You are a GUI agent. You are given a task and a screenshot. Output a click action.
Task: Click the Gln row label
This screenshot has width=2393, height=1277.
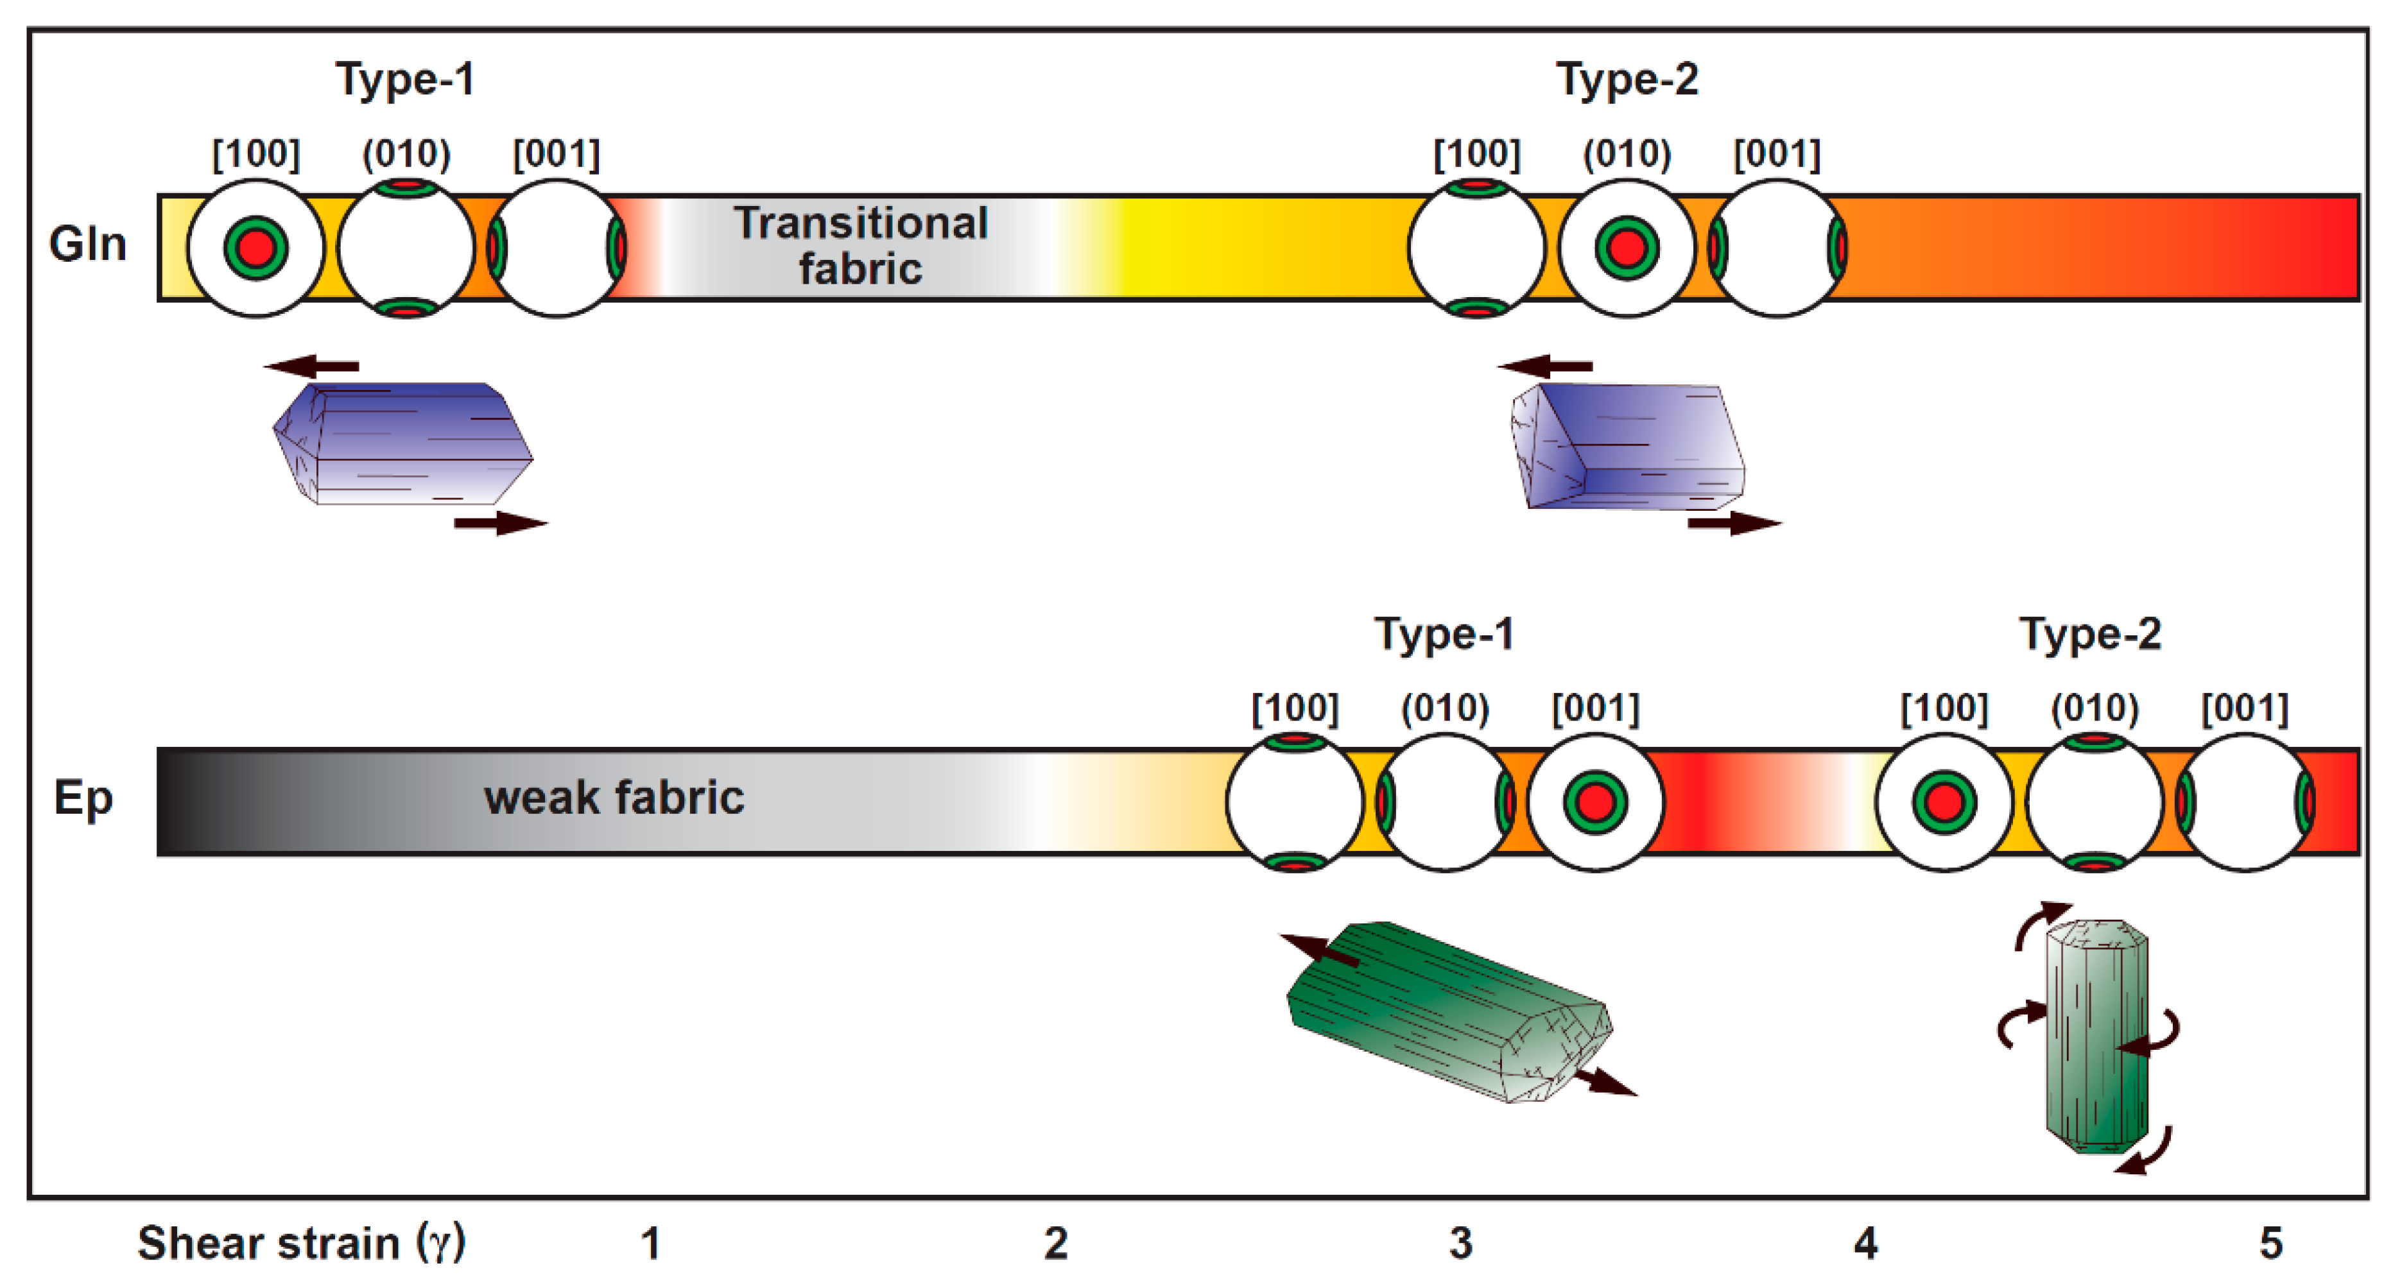click(87, 244)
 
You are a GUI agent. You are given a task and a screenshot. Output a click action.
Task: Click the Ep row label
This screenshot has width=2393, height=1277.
click(83, 798)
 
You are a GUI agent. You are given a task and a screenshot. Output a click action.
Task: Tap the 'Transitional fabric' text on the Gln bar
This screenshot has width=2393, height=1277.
click(860, 245)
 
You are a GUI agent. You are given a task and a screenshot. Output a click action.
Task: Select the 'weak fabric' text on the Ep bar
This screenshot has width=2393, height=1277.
click(614, 798)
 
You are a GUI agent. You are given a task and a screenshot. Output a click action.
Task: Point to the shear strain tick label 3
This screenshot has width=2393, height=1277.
click(1460, 1242)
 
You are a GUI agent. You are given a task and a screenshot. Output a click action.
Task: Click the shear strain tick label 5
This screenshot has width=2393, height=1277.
click(2271, 1242)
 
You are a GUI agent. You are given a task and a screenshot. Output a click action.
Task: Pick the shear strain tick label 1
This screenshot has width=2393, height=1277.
click(650, 1242)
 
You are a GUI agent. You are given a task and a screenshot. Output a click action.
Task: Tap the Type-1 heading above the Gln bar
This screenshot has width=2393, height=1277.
click(405, 79)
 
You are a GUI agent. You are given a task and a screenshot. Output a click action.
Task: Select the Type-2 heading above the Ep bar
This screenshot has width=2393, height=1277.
click(2090, 634)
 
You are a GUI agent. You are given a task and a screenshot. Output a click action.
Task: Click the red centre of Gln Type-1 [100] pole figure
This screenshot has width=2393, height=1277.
click(255, 248)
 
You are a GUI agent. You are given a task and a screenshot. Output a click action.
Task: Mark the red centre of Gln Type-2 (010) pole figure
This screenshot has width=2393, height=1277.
click(1627, 248)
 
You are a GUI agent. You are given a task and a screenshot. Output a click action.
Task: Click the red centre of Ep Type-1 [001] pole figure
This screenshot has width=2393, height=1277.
click(1595, 801)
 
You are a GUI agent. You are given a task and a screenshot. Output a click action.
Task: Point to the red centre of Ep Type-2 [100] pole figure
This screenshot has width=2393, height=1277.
click(1944, 801)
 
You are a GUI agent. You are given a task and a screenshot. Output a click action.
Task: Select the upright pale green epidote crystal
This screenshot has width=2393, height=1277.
click(2096, 1036)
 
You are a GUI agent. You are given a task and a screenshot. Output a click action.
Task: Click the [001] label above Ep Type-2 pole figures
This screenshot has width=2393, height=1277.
click(2244, 708)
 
